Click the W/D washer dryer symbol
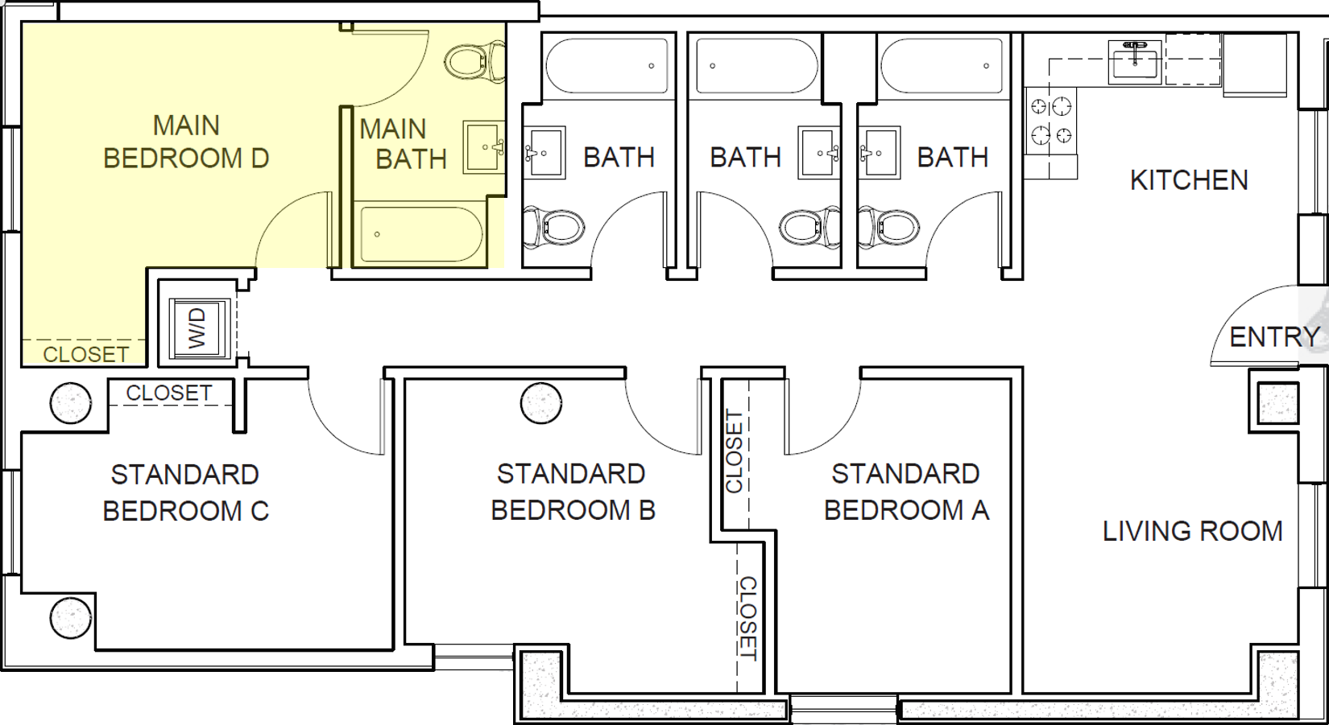pos(200,328)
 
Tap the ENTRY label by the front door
pos(1274,337)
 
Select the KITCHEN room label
pos(1189,180)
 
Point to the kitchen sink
pos(1135,61)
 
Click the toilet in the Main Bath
pos(470,60)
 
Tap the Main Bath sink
pos(483,147)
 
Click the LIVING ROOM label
pos(1192,531)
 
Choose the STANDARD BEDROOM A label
pos(906,492)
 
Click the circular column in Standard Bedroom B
pos(540,403)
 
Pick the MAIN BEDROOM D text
pos(186,142)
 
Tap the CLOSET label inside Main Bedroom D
pos(85,354)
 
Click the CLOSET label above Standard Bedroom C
pos(169,393)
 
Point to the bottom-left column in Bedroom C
pos(70,618)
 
